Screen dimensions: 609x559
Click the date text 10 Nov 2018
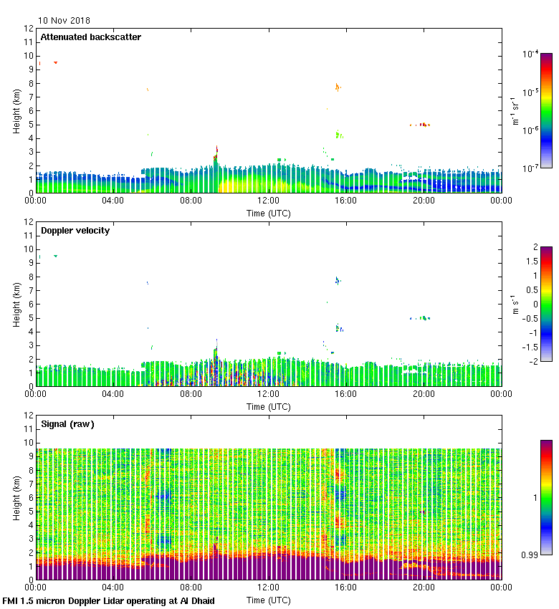point(64,21)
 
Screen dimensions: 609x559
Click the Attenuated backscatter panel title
point(90,37)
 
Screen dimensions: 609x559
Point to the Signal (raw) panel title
point(67,424)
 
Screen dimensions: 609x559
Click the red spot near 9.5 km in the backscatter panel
point(55,62)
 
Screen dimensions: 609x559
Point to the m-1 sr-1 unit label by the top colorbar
point(514,110)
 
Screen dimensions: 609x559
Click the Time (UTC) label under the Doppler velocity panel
point(269,406)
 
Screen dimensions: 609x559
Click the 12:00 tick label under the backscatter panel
point(269,201)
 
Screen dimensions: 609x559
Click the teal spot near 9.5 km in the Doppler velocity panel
point(55,256)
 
